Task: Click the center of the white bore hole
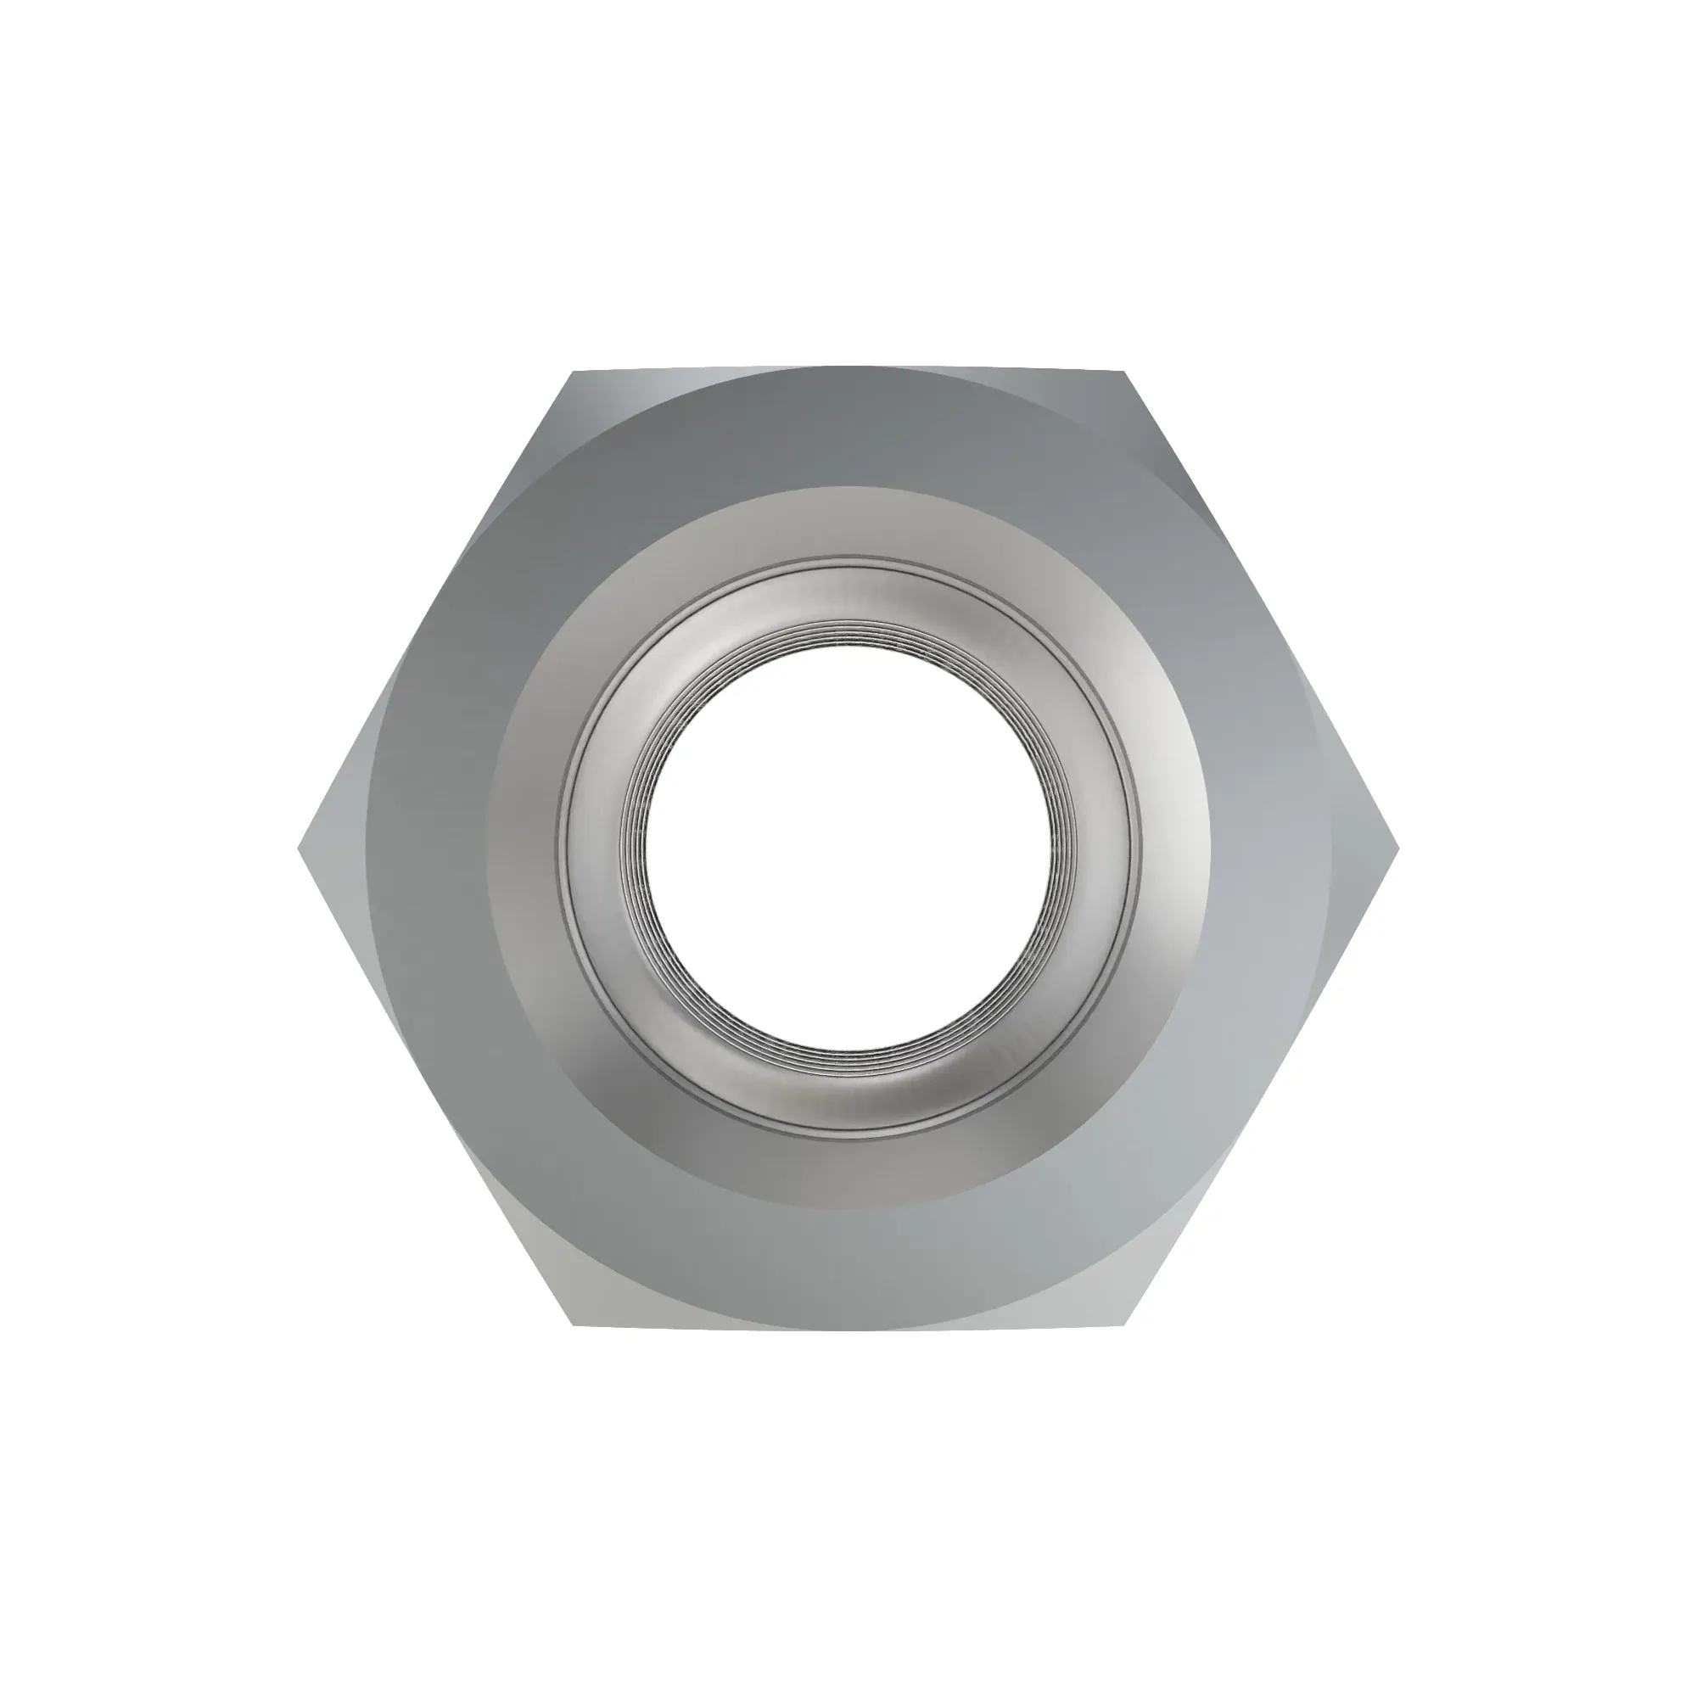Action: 848,849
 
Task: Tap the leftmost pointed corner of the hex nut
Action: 300,848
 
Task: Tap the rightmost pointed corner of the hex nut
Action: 1397,848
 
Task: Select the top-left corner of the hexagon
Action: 573,372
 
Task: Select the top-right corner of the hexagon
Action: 1124,372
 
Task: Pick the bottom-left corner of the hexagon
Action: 573,1325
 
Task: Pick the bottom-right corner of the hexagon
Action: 1124,1325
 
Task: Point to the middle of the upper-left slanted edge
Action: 436,610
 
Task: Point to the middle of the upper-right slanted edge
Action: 1262,610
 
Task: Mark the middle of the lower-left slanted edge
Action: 436,1087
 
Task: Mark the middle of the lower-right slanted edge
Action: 1262,1087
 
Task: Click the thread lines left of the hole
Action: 634,849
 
